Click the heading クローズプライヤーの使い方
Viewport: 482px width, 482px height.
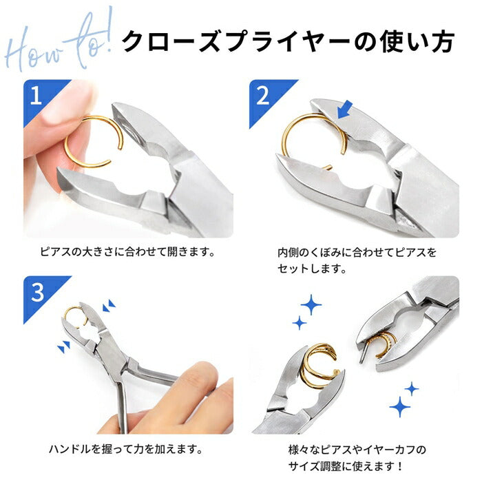coord(287,41)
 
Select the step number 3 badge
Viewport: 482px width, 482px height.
coord(36,292)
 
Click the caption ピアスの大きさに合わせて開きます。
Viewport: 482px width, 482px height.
coord(127,252)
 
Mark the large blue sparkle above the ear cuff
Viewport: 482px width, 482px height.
coord(311,304)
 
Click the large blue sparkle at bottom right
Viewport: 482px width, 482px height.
coord(400,408)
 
